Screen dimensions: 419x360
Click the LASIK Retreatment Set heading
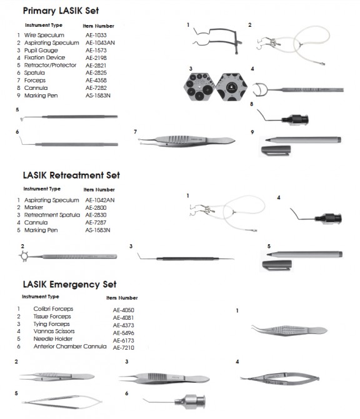[x=71, y=175]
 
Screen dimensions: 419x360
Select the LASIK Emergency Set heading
[x=69, y=284]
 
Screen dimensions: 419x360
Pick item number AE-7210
[x=124, y=347]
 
